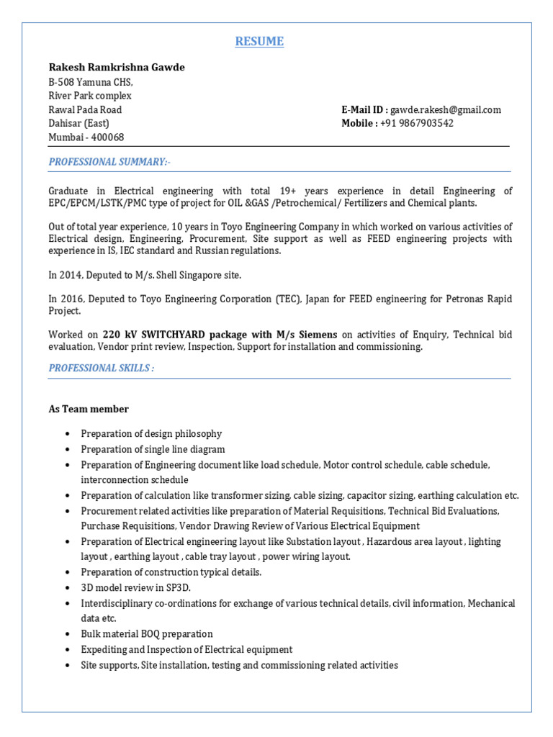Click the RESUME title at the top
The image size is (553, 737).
coord(259,42)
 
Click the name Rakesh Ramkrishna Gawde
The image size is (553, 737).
coord(117,67)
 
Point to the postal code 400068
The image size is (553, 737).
coord(106,137)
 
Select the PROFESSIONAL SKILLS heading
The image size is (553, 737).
coord(102,368)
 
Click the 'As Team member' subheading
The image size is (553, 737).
coord(89,410)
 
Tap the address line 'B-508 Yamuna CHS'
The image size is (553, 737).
coord(91,82)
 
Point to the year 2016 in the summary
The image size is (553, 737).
coord(72,299)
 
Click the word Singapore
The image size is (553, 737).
coord(197,276)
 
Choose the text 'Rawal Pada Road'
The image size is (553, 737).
coord(85,110)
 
